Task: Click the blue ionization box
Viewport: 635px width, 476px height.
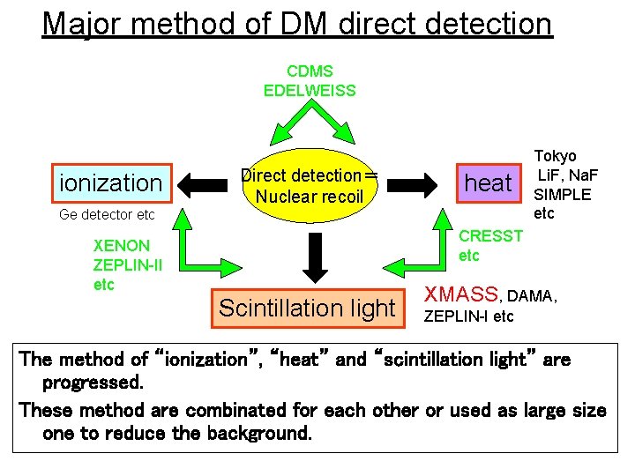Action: (x=109, y=182)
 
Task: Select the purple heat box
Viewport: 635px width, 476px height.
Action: (x=488, y=182)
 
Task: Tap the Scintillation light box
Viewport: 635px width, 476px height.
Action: (x=307, y=308)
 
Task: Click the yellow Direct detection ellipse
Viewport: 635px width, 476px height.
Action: (x=309, y=186)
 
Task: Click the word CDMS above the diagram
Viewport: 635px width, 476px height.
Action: (x=310, y=71)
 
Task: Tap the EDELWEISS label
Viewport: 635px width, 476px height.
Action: (x=310, y=90)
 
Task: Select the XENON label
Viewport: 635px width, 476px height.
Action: (x=121, y=245)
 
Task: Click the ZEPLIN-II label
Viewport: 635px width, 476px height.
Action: (x=127, y=264)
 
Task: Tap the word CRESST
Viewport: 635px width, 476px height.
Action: (x=491, y=235)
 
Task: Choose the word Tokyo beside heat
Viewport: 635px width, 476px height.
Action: (x=556, y=156)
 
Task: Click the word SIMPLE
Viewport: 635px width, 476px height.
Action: (x=563, y=194)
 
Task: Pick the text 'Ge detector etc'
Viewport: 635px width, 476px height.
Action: (x=107, y=214)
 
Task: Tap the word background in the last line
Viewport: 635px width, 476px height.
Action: (x=258, y=434)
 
